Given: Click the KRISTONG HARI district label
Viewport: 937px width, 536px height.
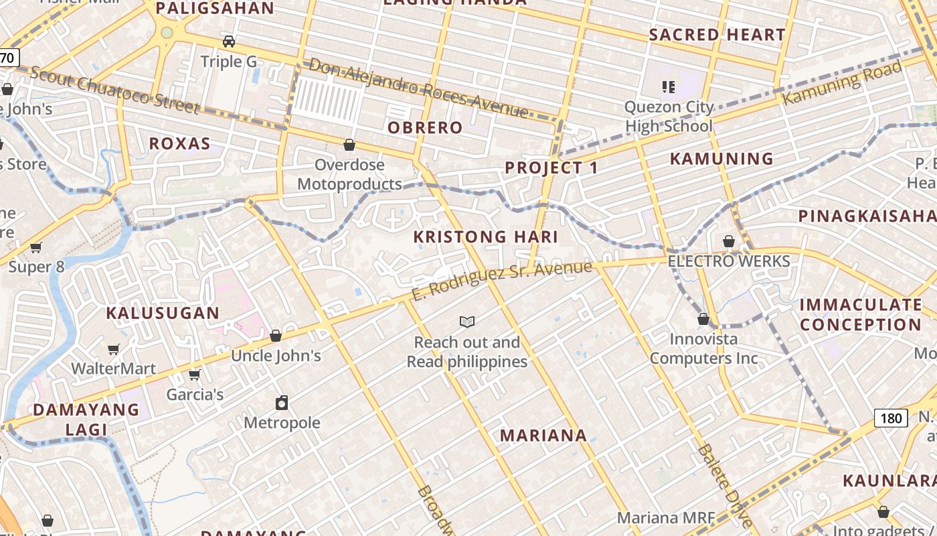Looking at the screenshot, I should pos(485,237).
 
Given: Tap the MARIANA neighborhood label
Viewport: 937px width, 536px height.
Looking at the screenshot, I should pos(543,435).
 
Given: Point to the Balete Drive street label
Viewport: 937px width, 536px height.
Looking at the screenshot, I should pos(724,485).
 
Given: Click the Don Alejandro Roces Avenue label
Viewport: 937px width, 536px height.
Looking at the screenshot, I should pos(418,88).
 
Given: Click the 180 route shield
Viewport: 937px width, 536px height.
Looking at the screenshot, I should pos(891,419).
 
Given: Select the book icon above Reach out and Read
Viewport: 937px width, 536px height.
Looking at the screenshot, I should pos(467,322).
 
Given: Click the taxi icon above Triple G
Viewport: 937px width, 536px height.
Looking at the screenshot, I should pos(229,42).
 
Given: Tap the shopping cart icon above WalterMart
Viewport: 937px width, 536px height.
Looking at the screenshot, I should pos(114,349).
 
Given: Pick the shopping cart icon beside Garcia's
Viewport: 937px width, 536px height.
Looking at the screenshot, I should pos(195,375).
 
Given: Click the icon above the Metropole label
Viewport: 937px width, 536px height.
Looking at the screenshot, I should pos(282,403).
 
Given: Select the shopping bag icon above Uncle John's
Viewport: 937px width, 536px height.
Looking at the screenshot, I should pos(276,336).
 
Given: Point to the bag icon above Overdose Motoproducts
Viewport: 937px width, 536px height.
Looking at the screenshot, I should pos(349,145).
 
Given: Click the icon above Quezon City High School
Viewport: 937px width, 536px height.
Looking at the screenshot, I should pos(668,86).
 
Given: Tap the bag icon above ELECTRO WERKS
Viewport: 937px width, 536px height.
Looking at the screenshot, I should pos(729,241).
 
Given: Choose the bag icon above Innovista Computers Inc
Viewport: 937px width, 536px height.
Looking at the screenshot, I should pos(703,319).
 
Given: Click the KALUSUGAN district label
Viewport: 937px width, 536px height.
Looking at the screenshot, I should pos(163,313).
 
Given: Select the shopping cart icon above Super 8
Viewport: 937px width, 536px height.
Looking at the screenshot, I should pos(36,247).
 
